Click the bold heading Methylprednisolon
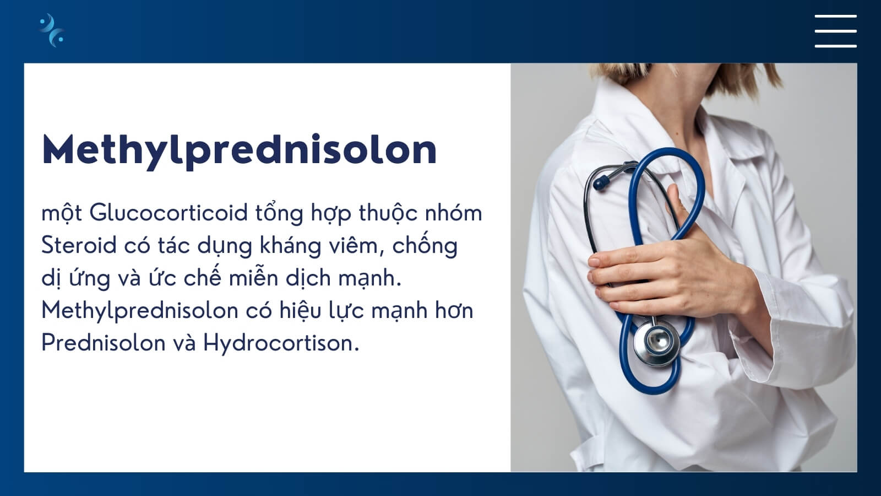click(x=239, y=151)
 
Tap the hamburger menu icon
click(x=836, y=31)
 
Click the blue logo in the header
click(x=52, y=30)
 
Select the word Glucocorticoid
click(x=168, y=213)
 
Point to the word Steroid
click(x=79, y=245)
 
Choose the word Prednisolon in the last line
click(x=104, y=343)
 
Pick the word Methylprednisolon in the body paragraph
click(x=140, y=311)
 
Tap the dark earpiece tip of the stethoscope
click(x=601, y=182)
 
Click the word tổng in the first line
click(x=279, y=213)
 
